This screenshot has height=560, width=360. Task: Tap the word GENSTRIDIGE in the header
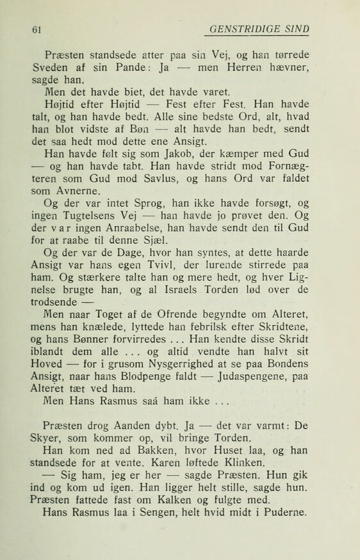point(247,28)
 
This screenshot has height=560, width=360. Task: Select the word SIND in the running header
point(297,28)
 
